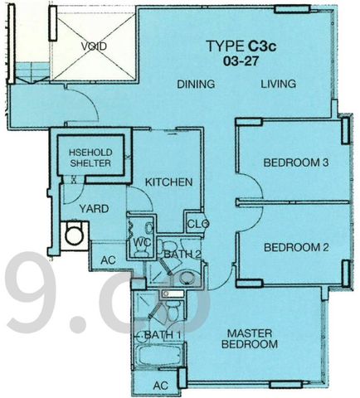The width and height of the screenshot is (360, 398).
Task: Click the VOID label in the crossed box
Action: (94, 46)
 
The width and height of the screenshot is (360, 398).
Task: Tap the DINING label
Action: (196, 84)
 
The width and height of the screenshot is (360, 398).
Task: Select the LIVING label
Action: (279, 84)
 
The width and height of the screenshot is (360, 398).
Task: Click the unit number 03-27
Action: (241, 61)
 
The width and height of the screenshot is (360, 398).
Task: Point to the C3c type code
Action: (261, 46)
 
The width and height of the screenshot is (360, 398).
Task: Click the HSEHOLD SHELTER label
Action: (90, 158)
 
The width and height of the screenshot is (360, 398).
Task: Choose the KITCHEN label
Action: (168, 182)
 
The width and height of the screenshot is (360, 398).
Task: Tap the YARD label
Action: (94, 209)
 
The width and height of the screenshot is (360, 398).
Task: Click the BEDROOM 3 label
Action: (296, 163)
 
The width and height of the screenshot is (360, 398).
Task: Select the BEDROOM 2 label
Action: (296, 247)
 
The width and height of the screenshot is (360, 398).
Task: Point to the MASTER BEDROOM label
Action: (250, 339)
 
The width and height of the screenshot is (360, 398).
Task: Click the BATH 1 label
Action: (163, 335)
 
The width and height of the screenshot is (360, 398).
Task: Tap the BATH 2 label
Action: (182, 255)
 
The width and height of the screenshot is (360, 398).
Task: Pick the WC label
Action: (142, 243)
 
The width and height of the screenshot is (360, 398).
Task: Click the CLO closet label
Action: (198, 224)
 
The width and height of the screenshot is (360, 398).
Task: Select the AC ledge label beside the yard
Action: (108, 260)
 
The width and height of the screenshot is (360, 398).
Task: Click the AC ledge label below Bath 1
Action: (161, 386)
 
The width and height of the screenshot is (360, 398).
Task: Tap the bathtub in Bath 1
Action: (158, 356)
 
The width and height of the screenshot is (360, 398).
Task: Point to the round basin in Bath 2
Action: (187, 278)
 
